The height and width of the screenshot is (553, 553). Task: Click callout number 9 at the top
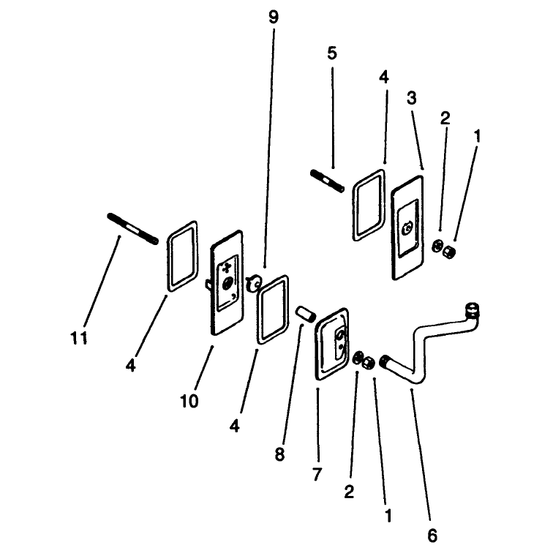pos(274,18)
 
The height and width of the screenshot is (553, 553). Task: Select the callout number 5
pos(332,53)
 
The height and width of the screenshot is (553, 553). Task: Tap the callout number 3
pos(412,98)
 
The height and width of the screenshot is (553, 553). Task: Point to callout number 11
pos(79,339)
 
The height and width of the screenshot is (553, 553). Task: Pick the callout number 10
pos(189,401)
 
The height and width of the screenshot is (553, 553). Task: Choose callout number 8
pos(279,454)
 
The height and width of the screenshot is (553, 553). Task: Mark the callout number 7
pos(317,474)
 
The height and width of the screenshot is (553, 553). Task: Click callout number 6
pos(432,535)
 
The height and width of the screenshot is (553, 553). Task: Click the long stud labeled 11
pos(132,229)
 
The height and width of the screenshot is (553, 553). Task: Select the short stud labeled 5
pos(328,181)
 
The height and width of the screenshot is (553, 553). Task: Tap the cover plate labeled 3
pos(407,227)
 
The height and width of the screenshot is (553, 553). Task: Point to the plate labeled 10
pos(226,282)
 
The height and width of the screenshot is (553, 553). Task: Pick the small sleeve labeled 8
pos(306,314)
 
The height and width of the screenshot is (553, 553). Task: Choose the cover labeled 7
pos(331,344)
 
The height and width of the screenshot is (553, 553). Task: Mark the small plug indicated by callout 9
pos(254,283)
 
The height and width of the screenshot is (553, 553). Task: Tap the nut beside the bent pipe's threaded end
pos(368,363)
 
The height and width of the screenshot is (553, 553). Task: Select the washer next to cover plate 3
pos(437,246)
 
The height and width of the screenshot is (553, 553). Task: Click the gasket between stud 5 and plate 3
pos(369,205)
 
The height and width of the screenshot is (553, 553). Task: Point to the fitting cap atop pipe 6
pos(473,309)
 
